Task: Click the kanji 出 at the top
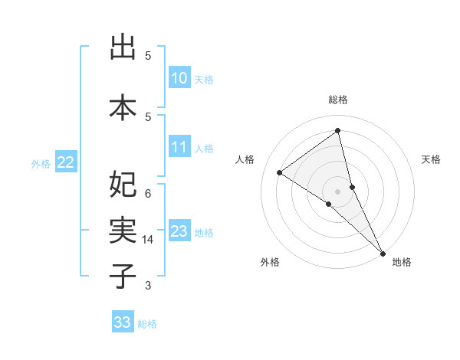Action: pyautogui.click(x=123, y=47)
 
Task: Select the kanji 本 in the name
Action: pyautogui.click(x=123, y=106)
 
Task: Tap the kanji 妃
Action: pyautogui.click(x=123, y=184)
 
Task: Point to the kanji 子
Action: pyautogui.click(x=123, y=275)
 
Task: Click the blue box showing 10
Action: pyautogui.click(x=179, y=78)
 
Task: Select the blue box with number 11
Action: pyautogui.click(x=179, y=147)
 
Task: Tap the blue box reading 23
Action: pyautogui.click(x=179, y=231)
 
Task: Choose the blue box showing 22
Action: pyautogui.click(x=66, y=162)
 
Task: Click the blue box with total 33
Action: pyautogui.click(x=122, y=322)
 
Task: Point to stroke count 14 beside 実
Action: pyautogui.click(x=148, y=240)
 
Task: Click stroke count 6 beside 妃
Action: pyautogui.click(x=148, y=193)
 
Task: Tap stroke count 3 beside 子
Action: pyautogui.click(x=148, y=286)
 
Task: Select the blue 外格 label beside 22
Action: pyautogui.click(x=41, y=163)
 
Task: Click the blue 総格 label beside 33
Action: pyautogui.click(x=147, y=324)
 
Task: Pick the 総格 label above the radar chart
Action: pyautogui.click(x=337, y=100)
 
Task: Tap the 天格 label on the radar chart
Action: pyautogui.click(x=431, y=159)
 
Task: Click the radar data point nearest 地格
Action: pyautogui.click(x=383, y=252)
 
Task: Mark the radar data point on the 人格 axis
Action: pyautogui.click(x=279, y=172)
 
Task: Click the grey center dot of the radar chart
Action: pyautogui.click(x=337, y=190)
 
